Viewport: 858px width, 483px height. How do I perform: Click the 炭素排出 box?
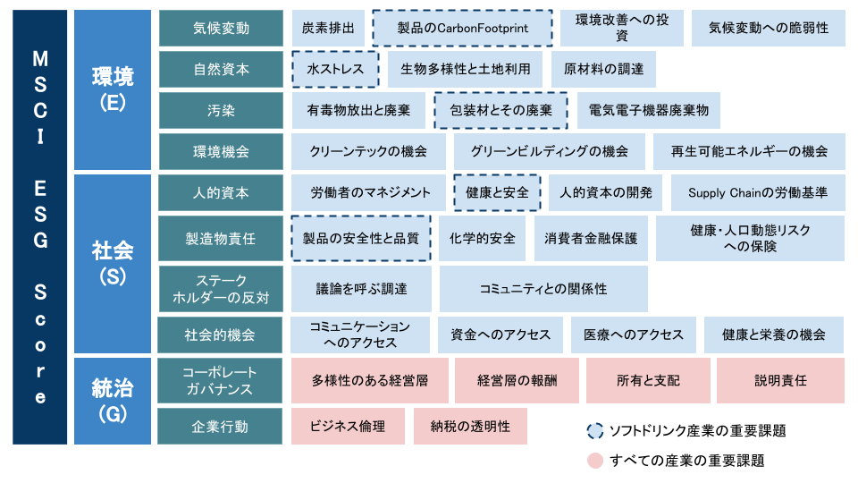click(x=328, y=28)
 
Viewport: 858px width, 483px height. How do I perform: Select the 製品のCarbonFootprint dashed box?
click(x=462, y=28)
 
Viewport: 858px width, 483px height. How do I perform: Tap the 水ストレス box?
click(x=335, y=69)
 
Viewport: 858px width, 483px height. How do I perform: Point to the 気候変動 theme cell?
click(x=221, y=28)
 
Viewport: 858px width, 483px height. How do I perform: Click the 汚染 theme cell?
click(x=221, y=110)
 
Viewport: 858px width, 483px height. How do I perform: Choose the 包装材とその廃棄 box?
click(x=500, y=110)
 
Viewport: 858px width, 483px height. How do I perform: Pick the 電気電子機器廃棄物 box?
click(x=649, y=110)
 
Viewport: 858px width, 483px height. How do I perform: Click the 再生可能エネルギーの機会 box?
click(x=749, y=151)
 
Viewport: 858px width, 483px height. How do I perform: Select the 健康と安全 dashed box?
click(x=498, y=193)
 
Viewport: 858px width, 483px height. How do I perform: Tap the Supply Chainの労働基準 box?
click(x=758, y=193)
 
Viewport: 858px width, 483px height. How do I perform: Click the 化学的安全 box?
click(x=482, y=238)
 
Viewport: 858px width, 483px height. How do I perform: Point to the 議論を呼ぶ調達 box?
click(x=361, y=289)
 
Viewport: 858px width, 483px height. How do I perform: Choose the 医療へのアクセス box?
click(x=633, y=335)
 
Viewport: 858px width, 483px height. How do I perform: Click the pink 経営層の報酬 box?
click(x=517, y=381)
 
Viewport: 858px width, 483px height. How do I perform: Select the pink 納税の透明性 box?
click(x=470, y=426)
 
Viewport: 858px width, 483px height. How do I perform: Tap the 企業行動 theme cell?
click(x=220, y=426)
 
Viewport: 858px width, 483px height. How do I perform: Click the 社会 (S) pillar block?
click(x=113, y=264)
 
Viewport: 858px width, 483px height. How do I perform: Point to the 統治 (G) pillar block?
click(x=113, y=401)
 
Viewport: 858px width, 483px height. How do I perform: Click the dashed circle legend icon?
click(x=595, y=431)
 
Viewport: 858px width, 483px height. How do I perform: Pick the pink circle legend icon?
click(x=595, y=461)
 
